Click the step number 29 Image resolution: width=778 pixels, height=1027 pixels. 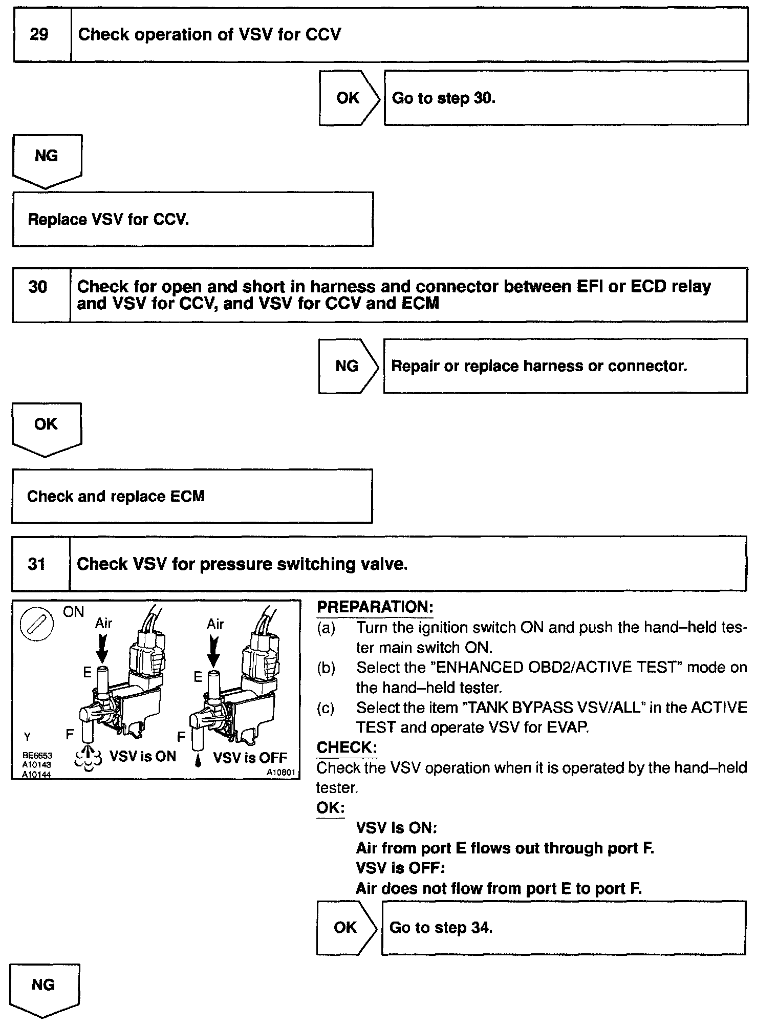click(39, 35)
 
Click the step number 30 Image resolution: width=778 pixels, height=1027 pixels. click(38, 287)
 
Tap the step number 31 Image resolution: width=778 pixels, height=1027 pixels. click(37, 564)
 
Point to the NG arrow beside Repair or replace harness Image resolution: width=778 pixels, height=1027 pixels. click(348, 366)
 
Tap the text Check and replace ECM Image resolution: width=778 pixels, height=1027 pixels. click(116, 496)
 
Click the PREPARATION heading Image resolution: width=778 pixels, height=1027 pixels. click(375, 607)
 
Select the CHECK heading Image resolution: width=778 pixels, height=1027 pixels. click(347, 747)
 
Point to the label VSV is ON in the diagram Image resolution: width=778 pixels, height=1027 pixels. click(143, 757)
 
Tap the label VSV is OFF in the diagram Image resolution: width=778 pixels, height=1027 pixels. click(250, 758)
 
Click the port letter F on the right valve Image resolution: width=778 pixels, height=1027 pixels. click(181, 737)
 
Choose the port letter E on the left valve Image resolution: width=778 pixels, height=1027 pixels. click(87, 672)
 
